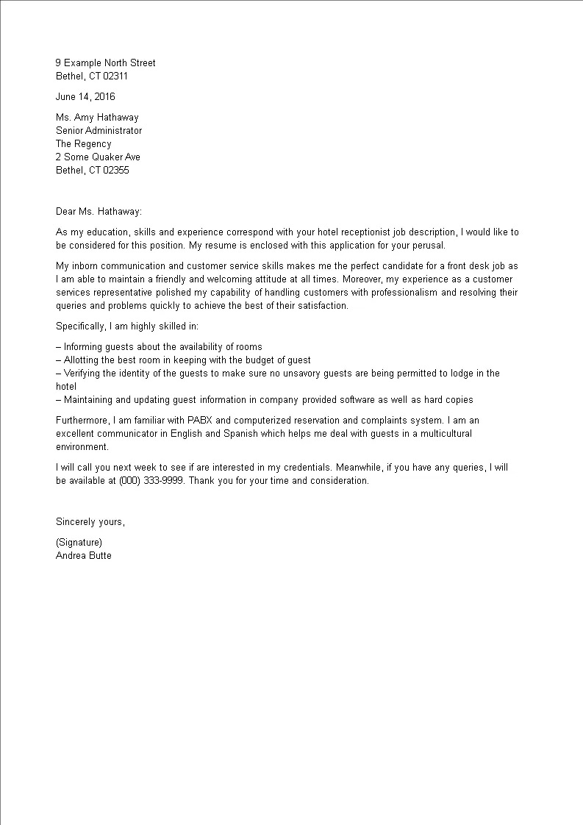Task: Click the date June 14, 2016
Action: (85, 96)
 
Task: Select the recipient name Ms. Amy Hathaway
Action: (97, 118)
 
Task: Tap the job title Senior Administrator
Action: (99, 131)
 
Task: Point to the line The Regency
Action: (83, 144)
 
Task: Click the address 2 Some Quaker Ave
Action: (98, 157)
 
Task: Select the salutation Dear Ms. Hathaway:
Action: (99, 212)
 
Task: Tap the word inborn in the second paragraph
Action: (87, 266)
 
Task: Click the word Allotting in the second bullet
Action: (84, 360)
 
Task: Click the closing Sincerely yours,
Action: (90, 522)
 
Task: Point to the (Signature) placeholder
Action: (79, 543)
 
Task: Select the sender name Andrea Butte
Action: (83, 556)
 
